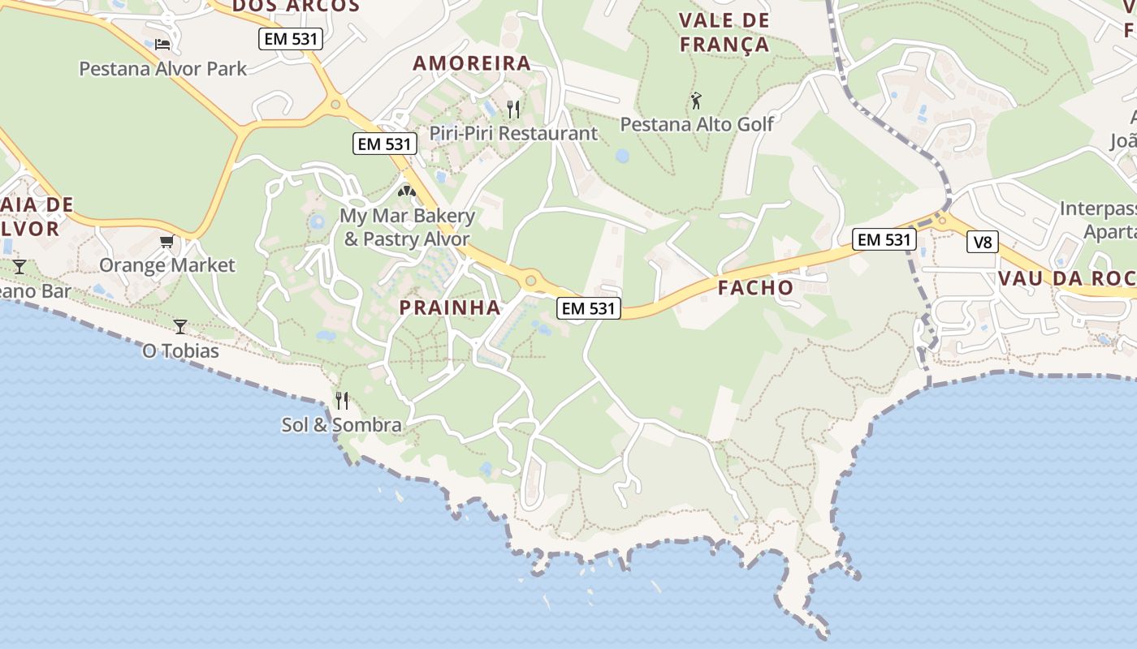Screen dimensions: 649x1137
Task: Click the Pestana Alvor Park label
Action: (x=162, y=68)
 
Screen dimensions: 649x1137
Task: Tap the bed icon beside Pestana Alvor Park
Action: (x=162, y=44)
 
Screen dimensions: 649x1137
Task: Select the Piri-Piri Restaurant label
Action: (x=513, y=133)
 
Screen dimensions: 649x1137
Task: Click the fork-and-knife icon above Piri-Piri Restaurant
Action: (x=513, y=109)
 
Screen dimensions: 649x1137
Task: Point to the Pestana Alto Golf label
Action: (x=697, y=124)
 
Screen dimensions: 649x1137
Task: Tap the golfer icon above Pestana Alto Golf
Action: (x=696, y=101)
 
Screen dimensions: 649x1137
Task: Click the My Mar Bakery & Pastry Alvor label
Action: (x=407, y=227)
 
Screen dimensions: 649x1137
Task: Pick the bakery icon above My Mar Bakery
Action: (x=407, y=191)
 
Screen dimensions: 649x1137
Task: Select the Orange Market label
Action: (x=166, y=265)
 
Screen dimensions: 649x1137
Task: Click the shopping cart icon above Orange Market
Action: (x=167, y=241)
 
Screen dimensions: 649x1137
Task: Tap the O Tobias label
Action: (x=180, y=351)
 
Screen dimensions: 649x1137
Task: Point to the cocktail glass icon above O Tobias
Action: (x=180, y=327)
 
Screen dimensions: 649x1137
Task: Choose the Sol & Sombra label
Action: (x=341, y=424)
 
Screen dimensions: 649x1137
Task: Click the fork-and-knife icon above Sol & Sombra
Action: (x=342, y=400)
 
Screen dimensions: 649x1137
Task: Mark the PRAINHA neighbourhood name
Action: (x=450, y=307)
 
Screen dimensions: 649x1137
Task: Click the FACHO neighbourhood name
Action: (x=755, y=287)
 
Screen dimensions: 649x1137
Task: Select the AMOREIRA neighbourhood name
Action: (x=472, y=63)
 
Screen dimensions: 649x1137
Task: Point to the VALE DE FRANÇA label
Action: (x=724, y=32)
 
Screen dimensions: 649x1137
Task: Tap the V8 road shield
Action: (x=982, y=242)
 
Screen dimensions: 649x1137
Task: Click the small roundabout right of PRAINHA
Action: (x=530, y=281)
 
